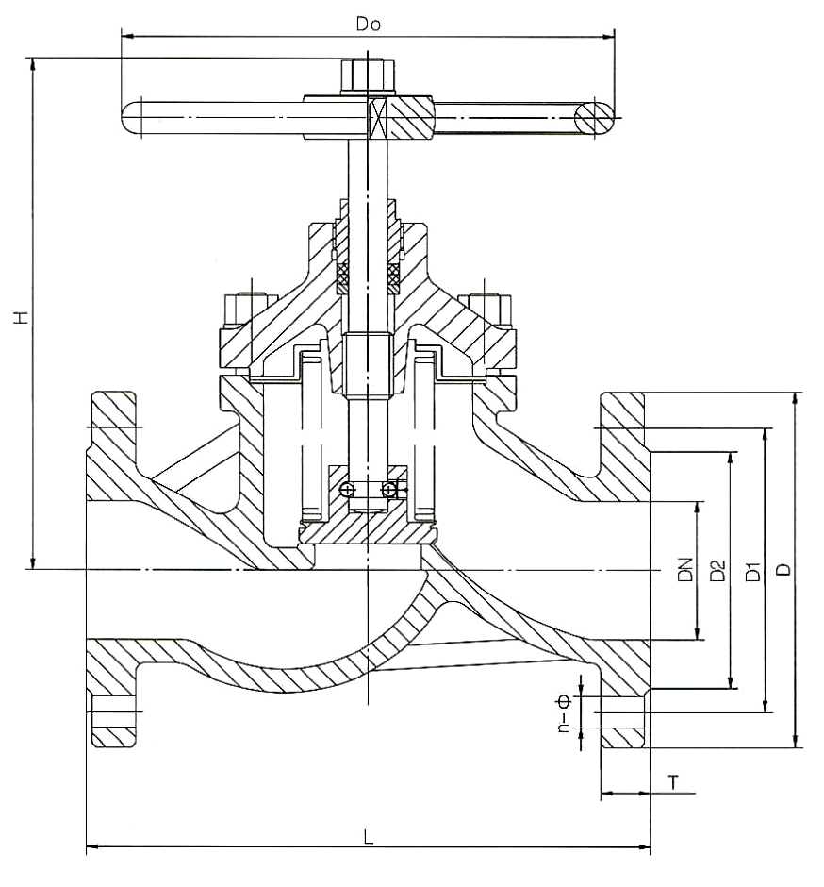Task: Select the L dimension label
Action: click(369, 836)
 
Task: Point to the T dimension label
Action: click(673, 781)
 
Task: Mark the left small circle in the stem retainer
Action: click(347, 489)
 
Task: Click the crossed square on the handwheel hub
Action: click(378, 119)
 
